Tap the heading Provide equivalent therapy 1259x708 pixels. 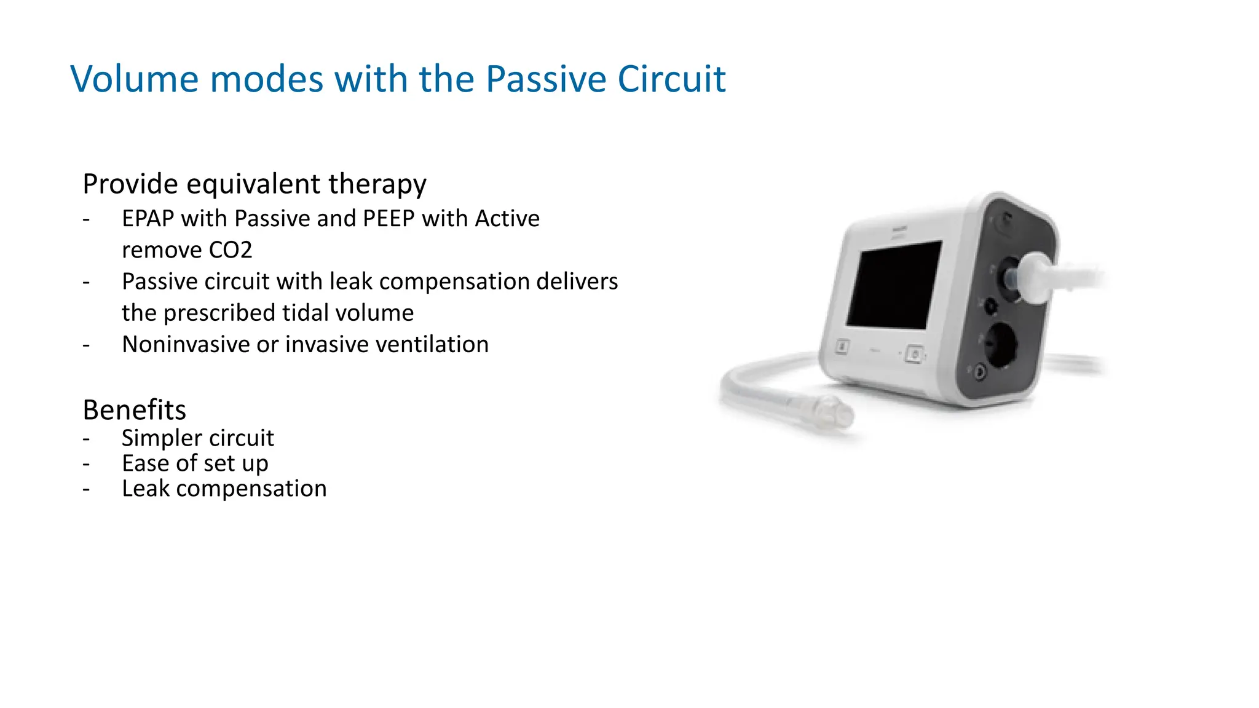click(254, 184)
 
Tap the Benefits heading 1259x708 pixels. click(134, 409)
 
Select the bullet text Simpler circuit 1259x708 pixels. click(197, 438)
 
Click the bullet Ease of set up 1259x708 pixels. click(195, 463)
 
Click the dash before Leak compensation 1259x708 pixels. click(87, 489)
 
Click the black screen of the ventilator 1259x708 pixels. click(894, 285)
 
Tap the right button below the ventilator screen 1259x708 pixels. click(915, 355)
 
